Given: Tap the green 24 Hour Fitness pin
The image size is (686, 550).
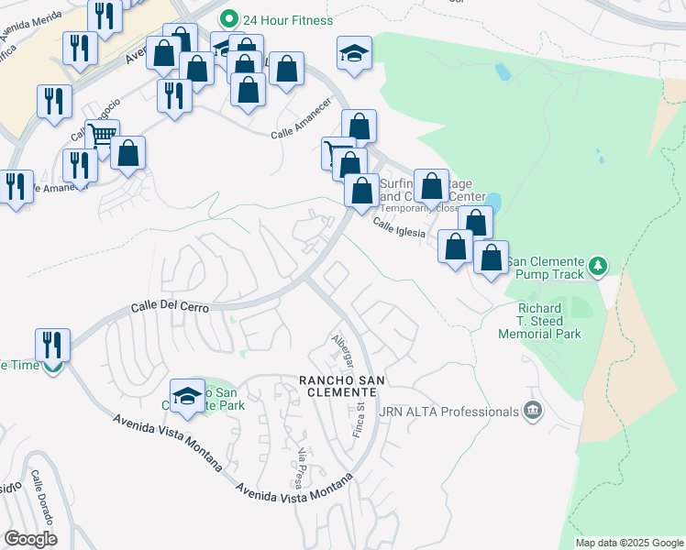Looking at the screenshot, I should coord(228,18).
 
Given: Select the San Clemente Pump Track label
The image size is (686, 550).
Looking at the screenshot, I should coord(544,267).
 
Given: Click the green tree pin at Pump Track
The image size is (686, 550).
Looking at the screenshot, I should coord(598,266).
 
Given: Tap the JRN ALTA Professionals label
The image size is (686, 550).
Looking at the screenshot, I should coord(454,412).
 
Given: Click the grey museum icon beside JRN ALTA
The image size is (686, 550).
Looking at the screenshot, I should coord(532,412).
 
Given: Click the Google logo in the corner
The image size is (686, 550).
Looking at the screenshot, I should coord(30,538).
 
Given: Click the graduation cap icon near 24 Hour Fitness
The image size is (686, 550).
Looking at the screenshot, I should coord(353,53).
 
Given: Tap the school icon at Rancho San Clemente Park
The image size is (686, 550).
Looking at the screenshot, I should coord(188,394).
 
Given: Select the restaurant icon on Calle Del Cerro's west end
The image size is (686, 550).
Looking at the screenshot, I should coord(52,346).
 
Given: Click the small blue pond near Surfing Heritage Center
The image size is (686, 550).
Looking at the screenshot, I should coord(493,201).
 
